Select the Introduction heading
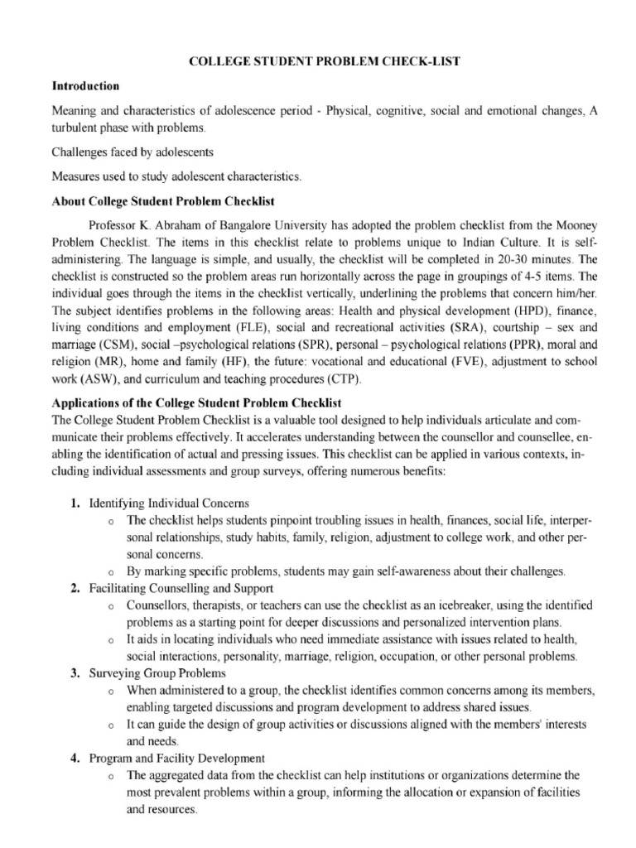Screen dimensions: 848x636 (85, 86)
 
